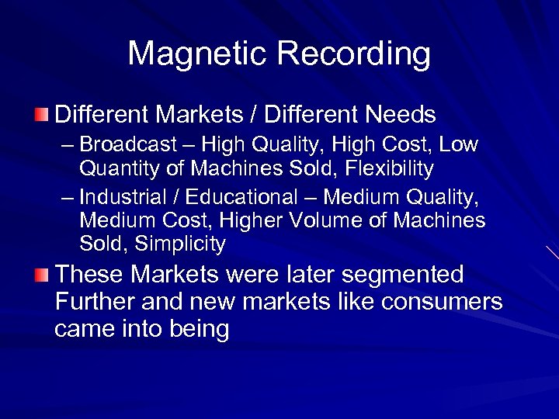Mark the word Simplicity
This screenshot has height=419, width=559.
click(180, 244)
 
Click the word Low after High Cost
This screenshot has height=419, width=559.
click(460, 145)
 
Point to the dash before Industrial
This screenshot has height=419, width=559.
click(68, 199)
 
